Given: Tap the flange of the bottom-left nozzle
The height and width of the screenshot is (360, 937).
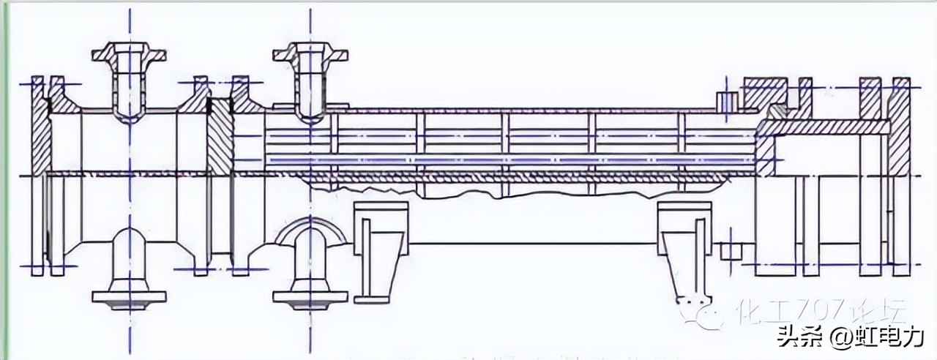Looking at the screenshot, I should click(130, 297).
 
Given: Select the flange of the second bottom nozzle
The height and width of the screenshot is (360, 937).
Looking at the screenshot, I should click(310, 297).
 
